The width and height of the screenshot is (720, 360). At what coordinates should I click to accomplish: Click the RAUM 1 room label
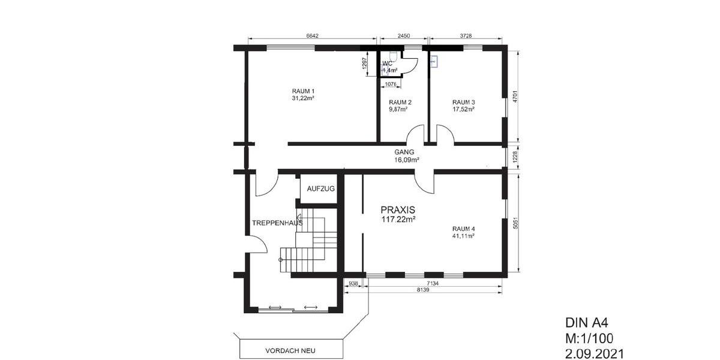303,91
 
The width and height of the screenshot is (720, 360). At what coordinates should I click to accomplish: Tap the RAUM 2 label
400,103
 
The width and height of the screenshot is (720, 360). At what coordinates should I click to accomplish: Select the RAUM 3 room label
463,103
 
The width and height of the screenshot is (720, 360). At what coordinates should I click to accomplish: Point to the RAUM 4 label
463,229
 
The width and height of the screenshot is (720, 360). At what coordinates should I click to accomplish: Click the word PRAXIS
398,210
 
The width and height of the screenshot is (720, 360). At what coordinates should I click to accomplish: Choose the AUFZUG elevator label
321,188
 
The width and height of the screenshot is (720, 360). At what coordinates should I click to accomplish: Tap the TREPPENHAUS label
277,223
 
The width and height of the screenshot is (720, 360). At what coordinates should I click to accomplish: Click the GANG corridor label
404,152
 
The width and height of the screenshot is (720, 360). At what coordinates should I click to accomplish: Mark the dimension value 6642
312,36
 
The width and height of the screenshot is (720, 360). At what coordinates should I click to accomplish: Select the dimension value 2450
404,36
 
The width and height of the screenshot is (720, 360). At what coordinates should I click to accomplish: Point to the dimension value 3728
466,36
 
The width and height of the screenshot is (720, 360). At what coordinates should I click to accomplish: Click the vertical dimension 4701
515,97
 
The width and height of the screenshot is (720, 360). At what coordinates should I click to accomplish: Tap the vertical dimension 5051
515,223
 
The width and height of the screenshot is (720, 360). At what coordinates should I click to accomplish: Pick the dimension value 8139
423,290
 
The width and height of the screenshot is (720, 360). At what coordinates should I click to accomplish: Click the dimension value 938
353,283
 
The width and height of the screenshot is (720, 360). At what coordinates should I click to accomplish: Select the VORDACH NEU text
290,350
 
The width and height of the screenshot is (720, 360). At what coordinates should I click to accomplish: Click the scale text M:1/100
589,338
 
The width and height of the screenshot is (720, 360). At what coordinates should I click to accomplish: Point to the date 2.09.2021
595,354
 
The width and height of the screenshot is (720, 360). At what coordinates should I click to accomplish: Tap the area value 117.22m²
399,220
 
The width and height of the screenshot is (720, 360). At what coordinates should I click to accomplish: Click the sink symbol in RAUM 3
434,61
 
